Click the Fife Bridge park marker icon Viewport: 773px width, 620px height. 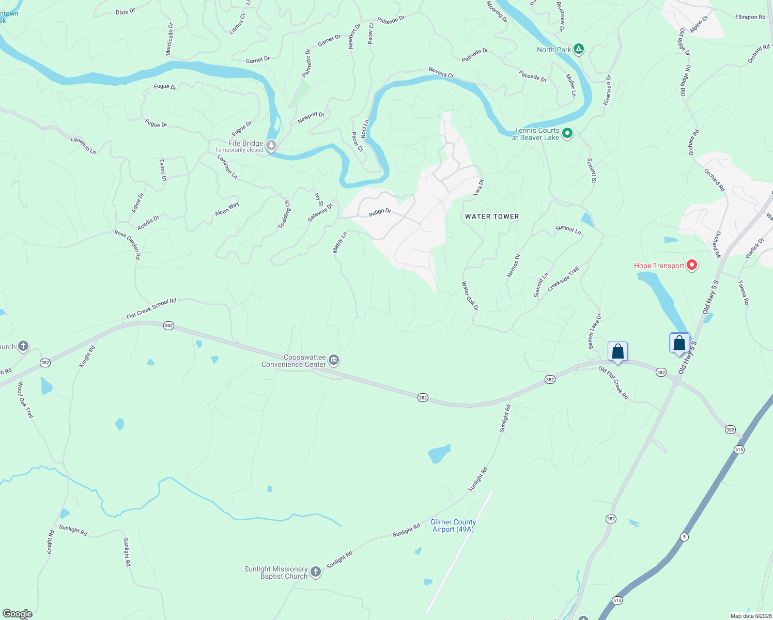pos(271,146)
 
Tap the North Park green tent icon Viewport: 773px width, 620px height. pos(579,50)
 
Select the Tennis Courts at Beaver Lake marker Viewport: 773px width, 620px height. pos(567,134)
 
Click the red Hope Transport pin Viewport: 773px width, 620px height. pos(692,266)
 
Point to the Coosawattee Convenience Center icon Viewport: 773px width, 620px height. pos(334,360)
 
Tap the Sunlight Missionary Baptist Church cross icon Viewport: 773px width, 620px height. pos(316,572)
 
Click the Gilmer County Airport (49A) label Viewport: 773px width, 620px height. pos(453,525)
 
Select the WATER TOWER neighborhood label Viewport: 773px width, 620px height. pos(492,216)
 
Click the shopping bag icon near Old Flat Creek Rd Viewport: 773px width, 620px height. pos(617,352)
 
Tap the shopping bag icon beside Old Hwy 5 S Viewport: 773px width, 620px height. pos(679,343)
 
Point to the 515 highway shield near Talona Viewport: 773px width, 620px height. pos(739,450)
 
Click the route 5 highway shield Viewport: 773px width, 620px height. pos(684,537)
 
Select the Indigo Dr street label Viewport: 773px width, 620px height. pos(380,212)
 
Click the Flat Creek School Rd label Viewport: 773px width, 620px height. pos(151,308)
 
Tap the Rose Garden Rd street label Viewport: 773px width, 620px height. pos(128,244)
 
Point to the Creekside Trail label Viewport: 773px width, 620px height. pos(563,279)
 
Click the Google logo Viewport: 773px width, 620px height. pos(17,614)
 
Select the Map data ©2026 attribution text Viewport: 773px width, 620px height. pos(750,616)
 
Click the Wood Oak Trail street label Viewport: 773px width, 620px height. pos(25,400)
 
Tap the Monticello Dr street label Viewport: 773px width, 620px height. pos(169,39)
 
